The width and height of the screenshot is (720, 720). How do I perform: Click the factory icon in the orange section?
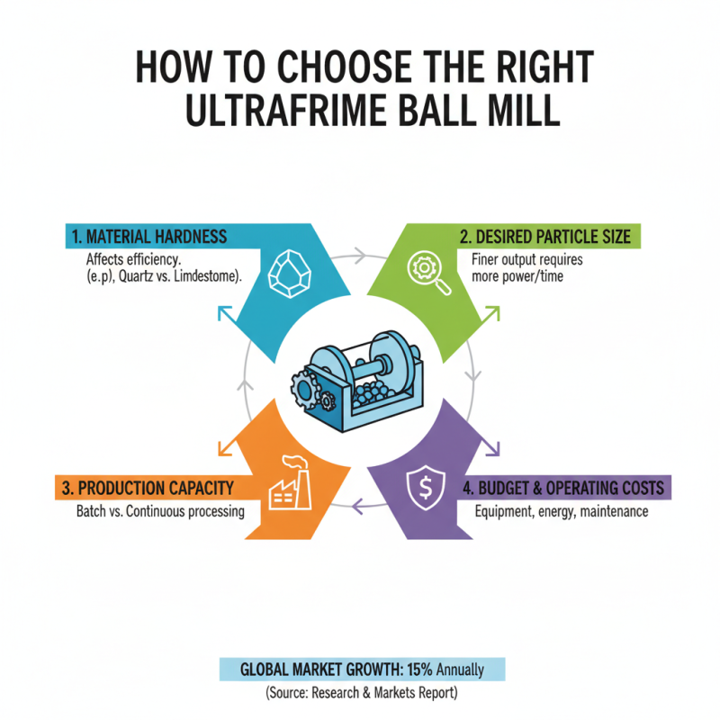point(291,485)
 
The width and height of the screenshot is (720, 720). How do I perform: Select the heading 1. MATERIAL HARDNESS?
point(149,237)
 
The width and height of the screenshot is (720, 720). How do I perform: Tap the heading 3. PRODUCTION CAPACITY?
point(148,488)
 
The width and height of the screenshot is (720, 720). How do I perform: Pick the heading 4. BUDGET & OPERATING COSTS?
point(569,488)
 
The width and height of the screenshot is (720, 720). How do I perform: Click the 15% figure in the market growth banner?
point(419,670)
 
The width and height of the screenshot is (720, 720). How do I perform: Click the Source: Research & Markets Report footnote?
point(361,695)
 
